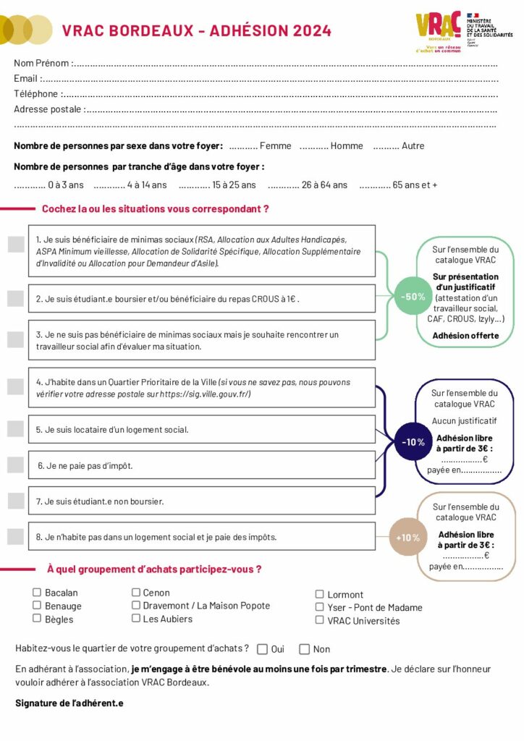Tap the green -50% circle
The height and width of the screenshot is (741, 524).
tap(413, 297)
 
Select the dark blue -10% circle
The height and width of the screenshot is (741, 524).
tap(413, 442)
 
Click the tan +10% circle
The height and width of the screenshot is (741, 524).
tap(408, 538)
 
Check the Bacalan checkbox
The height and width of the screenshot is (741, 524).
tap(37, 592)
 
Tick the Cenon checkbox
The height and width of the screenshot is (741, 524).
tap(136, 592)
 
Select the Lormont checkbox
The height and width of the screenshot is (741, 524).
tap(320, 594)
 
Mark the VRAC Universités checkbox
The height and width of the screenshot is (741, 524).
tap(320, 620)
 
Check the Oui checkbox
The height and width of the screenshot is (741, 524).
tap(262, 649)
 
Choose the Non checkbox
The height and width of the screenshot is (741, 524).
tap(305, 649)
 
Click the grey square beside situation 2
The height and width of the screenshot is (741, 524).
tap(15, 298)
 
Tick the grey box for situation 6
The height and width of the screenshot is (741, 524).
tap(15, 465)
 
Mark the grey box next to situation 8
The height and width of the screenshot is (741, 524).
tap(15, 537)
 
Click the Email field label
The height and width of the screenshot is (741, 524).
tap(27, 78)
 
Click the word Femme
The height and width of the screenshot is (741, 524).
tap(275, 146)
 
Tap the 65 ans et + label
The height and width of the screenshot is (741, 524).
tap(415, 185)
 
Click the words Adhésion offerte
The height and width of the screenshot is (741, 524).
tap(465, 336)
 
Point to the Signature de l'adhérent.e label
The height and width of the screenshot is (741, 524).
tap(69, 703)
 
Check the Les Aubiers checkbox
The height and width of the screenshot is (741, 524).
tap(136, 618)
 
